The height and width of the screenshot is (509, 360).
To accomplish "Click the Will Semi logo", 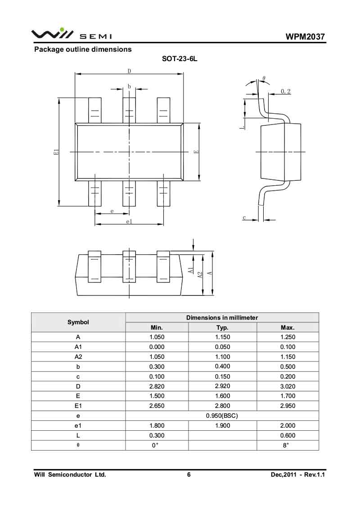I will click(71, 34).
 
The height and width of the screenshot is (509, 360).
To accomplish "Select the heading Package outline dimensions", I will click(83, 49).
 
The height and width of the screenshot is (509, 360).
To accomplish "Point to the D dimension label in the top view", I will click(129, 71).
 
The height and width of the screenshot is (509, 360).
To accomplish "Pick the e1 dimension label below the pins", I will click(129, 222).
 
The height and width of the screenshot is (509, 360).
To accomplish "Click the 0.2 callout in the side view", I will click(286, 91).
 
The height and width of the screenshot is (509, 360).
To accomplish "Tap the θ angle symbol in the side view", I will click(264, 79).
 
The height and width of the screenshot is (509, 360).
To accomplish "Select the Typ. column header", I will click(222, 327).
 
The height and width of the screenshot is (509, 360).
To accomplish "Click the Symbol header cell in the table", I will click(78, 322).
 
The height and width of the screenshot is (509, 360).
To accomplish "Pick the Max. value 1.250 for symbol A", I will click(288, 337).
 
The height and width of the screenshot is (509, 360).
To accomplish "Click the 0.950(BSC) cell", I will click(222, 416).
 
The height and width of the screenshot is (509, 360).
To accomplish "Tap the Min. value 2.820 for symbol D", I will click(157, 386).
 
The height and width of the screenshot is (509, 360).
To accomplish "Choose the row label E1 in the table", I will click(78, 406).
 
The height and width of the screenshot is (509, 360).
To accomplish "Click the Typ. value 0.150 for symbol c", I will click(222, 376).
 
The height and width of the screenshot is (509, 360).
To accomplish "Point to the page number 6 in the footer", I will click(189, 475).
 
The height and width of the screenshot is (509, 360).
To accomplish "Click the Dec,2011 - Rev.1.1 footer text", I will click(297, 475).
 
